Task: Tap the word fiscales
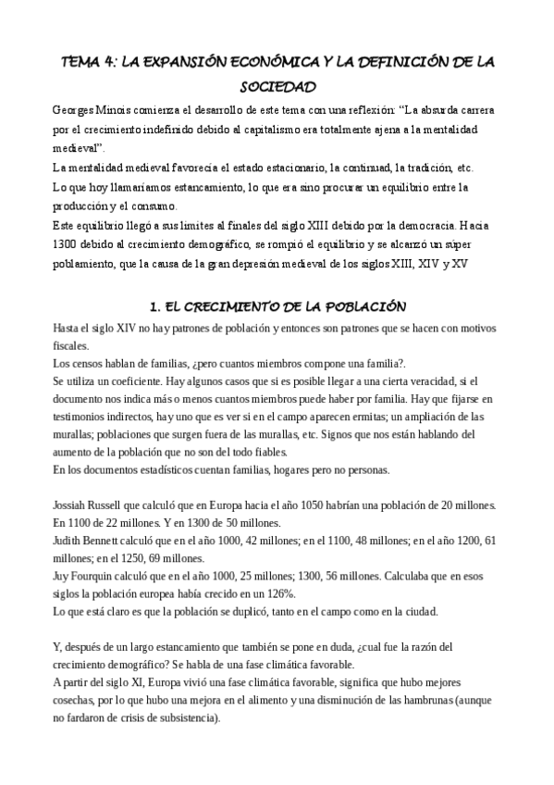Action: click(x=72, y=343)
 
